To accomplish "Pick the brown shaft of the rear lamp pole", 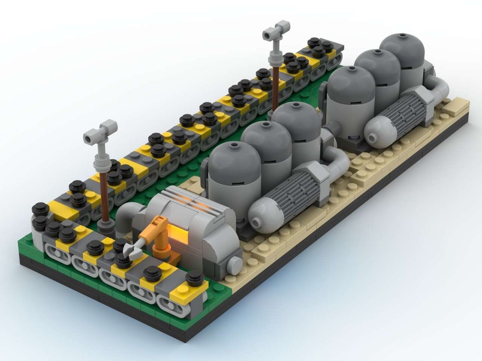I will [276, 87].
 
